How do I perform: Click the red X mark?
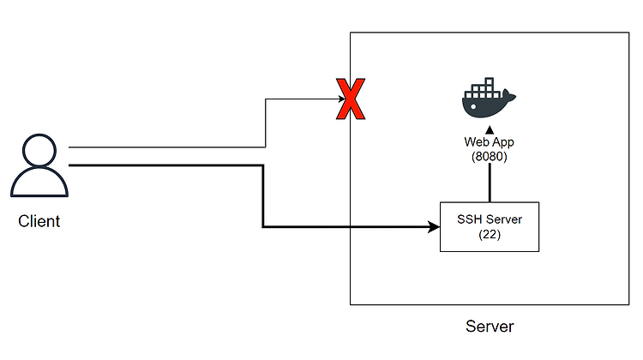click(x=351, y=99)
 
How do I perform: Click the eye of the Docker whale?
click(x=473, y=107)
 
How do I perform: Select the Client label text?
click(x=39, y=221)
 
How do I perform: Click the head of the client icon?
click(x=39, y=150)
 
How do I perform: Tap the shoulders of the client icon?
click(x=39, y=183)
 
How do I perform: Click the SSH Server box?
click(x=490, y=227)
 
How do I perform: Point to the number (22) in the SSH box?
click(x=490, y=235)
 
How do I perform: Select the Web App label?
click(x=489, y=142)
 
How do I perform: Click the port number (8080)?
click(x=490, y=157)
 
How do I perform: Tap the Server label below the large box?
click(x=490, y=327)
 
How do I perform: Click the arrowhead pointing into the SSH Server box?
click(x=434, y=227)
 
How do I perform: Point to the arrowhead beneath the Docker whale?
click(x=490, y=130)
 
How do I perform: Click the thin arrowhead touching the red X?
click(x=341, y=99)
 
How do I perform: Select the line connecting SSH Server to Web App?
click(x=490, y=183)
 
